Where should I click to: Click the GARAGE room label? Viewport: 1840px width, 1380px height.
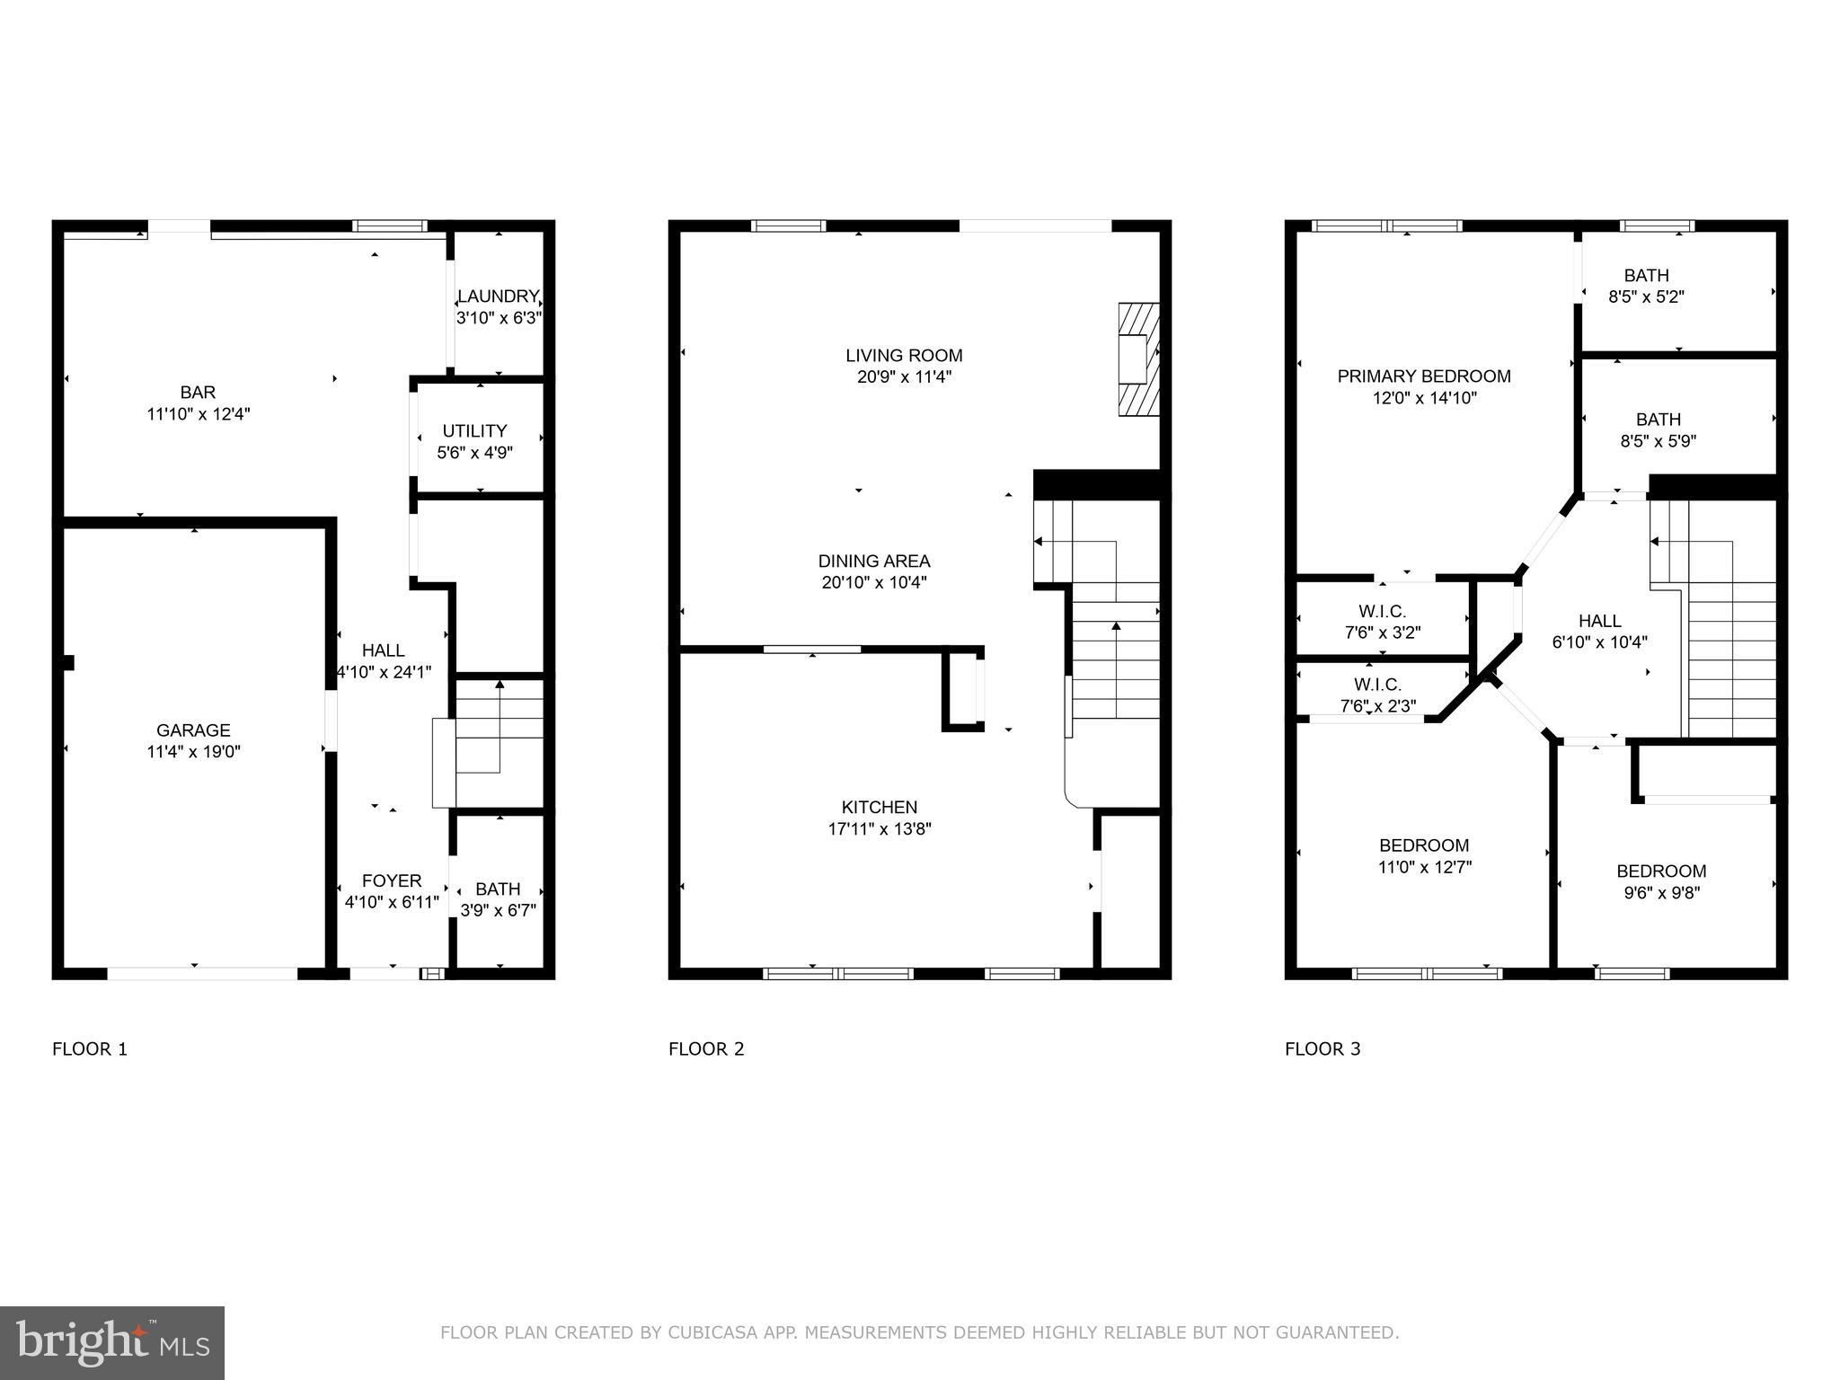tap(193, 730)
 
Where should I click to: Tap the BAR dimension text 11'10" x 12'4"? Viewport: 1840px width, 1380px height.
tap(198, 414)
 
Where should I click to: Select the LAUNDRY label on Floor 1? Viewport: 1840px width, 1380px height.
tap(498, 296)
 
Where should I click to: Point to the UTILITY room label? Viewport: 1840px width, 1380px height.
tap(474, 431)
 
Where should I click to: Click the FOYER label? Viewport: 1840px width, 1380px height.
tap(391, 880)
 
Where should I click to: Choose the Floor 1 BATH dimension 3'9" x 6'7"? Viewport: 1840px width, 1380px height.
tap(498, 910)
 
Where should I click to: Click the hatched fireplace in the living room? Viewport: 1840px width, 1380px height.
tap(1138, 359)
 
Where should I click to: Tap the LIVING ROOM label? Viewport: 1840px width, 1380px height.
tap(904, 356)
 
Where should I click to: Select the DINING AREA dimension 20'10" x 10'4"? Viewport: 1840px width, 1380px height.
tap(873, 582)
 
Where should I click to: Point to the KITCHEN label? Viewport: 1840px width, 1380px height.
tap(879, 807)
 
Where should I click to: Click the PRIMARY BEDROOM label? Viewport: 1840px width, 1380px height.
tap(1423, 376)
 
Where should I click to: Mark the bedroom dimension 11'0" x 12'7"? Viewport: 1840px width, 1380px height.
tap(1424, 867)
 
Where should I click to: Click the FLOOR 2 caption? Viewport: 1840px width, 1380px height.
tap(706, 1048)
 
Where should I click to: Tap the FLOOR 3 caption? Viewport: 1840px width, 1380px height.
tap(1322, 1048)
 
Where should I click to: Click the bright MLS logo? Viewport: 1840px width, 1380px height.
tap(112, 1342)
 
